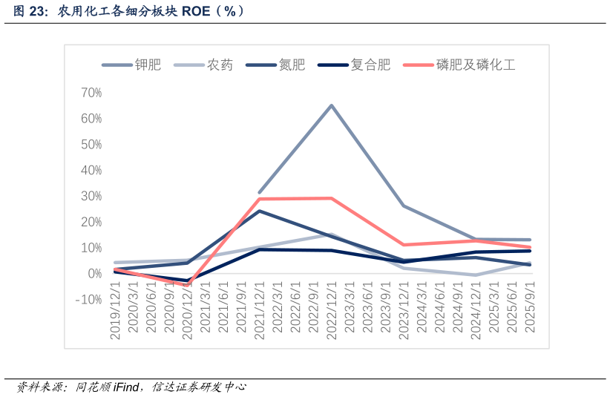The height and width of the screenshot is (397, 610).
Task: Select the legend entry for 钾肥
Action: pos(148,65)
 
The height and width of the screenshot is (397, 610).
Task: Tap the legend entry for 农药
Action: pos(220,65)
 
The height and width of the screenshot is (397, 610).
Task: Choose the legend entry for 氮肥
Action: pos(292,65)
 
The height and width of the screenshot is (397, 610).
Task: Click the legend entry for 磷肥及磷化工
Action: pos(475,65)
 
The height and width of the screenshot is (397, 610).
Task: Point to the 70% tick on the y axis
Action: pos(91,93)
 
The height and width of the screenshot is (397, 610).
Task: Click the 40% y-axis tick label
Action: pos(91,171)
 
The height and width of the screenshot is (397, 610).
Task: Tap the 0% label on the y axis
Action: pos(94,274)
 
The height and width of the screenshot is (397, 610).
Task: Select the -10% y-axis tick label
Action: pos(89,300)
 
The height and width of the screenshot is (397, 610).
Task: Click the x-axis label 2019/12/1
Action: pos(116,310)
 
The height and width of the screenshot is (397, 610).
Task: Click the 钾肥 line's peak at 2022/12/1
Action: pos(332,105)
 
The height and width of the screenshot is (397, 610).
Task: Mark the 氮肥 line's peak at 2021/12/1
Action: pos(260,211)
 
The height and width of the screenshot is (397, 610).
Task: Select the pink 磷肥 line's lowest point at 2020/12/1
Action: pos(188,285)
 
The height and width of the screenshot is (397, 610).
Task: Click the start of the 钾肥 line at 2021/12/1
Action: pos(260,192)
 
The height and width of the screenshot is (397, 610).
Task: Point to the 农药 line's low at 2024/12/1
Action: pos(476,275)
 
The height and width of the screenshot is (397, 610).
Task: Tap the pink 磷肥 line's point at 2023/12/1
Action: pos(404,245)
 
